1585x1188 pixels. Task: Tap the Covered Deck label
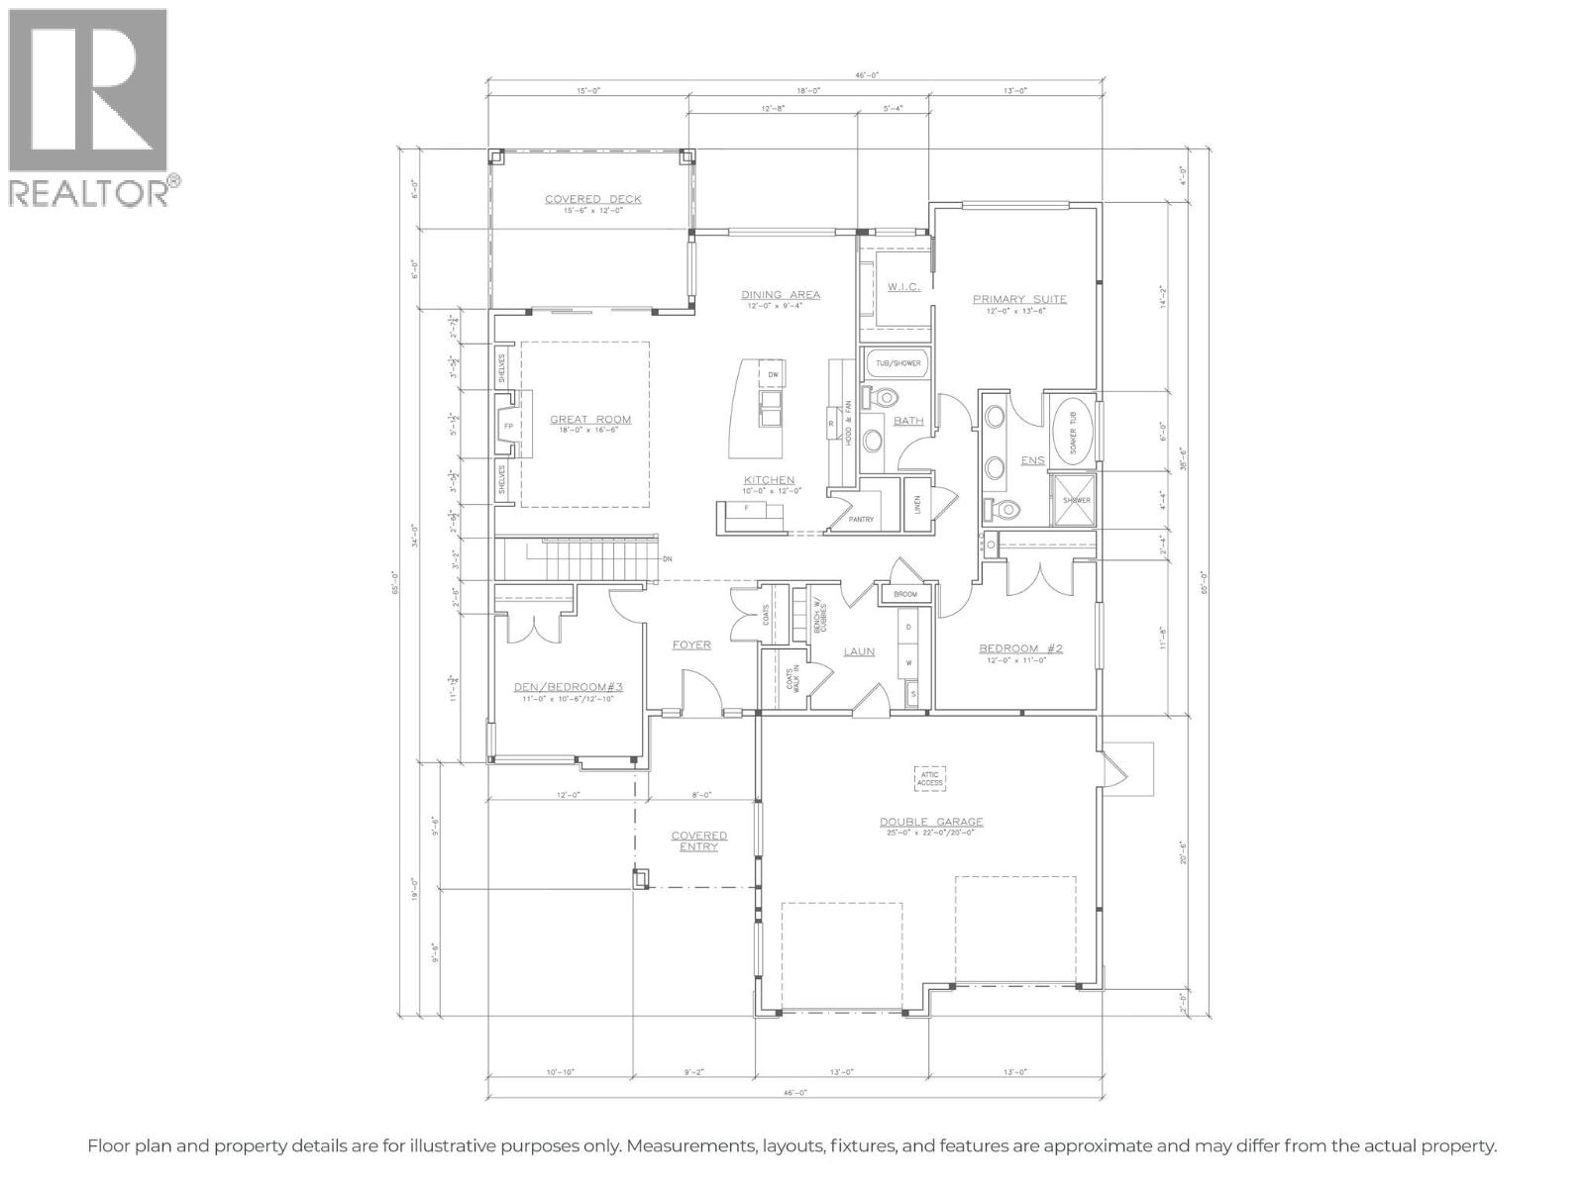592,200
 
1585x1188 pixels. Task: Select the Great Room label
590,420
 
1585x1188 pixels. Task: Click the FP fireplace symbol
508,427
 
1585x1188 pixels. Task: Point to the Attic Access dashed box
929,778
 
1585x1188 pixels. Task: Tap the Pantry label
861,519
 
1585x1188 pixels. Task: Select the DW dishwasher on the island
774,374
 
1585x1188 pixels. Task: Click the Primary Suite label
1018,299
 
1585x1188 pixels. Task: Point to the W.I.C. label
903,287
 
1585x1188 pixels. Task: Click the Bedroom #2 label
1019,649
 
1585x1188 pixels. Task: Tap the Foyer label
691,645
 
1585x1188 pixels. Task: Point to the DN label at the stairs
667,559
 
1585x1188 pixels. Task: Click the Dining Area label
781,295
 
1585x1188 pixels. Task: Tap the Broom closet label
904,595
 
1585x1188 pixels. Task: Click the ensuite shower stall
1076,499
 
